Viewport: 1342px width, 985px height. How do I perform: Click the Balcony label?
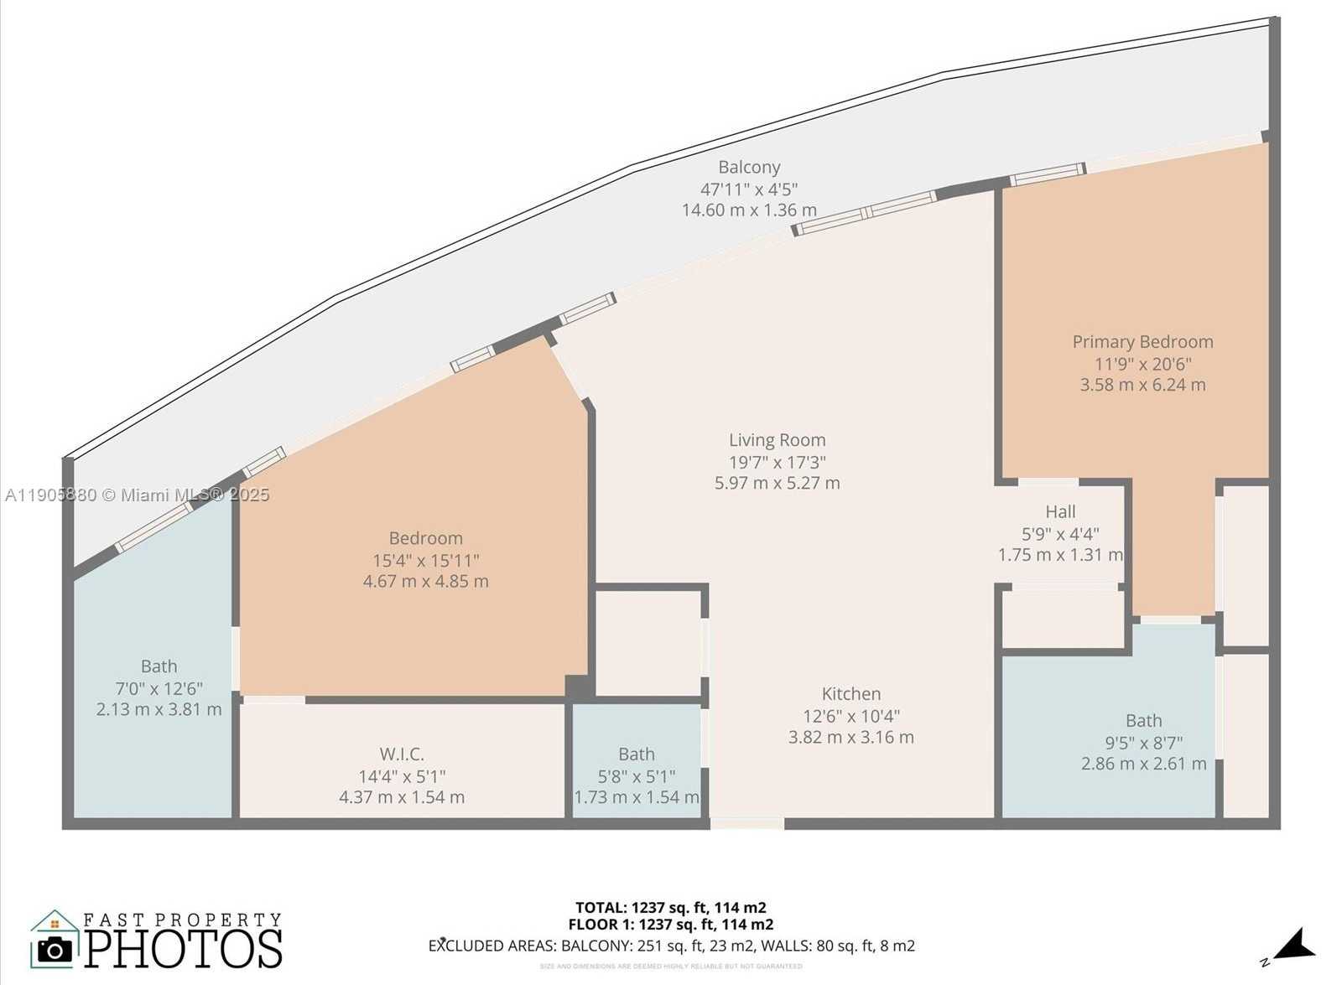point(749,168)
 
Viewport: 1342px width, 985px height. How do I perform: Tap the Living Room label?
point(777,440)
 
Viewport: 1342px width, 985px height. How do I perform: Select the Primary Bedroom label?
point(1142,342)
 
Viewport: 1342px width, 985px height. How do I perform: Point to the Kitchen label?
point(850,694)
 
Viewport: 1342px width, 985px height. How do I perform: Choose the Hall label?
point(1060,511)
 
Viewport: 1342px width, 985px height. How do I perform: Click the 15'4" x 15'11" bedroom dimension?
point(426,560)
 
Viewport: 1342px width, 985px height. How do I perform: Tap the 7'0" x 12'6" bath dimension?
point(159,688)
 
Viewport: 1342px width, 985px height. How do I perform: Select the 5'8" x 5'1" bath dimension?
point(636,776)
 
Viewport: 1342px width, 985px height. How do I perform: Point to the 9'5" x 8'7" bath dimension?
point(1143,742)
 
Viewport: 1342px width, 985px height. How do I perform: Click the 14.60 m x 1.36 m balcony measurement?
point(749,210)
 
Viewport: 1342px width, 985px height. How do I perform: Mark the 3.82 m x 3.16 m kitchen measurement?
point(850,737)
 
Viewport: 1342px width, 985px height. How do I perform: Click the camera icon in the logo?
point(55,948)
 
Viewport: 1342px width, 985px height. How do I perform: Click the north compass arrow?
point(1294,946)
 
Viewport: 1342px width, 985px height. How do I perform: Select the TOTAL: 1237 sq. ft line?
point(670,907)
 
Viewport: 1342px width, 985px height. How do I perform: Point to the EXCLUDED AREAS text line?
point(671,946)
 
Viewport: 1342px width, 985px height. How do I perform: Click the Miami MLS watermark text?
point(137,495)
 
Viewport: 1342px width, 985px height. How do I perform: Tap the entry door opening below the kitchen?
point(746,824)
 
